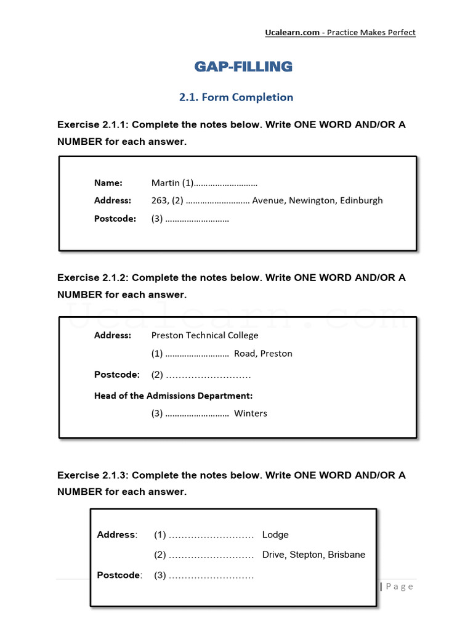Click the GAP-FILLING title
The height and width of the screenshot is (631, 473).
(243, 67)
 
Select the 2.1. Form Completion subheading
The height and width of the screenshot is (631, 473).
(236, 97)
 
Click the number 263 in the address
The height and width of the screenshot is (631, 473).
(159, 200)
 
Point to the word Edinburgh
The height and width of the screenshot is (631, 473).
(361, 200)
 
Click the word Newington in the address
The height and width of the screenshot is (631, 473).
(312, 200)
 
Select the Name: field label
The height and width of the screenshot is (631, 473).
(108, 183)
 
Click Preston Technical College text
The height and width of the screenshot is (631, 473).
(204, 335)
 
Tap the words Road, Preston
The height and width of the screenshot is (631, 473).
(263, 354)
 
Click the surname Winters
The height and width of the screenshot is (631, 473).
(251, 413)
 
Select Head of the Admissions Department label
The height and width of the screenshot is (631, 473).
(173, 396)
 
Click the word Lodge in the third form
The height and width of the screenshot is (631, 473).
(275, 535)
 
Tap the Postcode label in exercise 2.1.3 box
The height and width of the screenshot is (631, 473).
(119, 575)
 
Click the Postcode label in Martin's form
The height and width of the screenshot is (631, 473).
(115, 218)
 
